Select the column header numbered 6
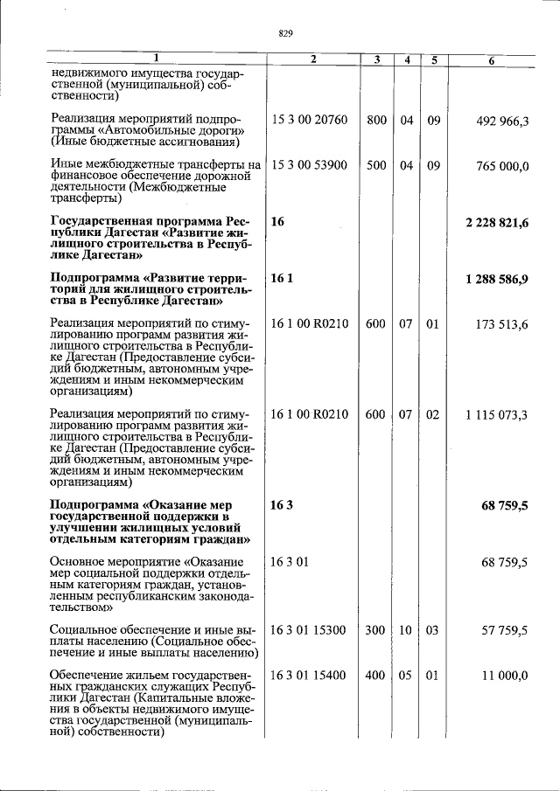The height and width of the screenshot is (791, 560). tap(491, 59)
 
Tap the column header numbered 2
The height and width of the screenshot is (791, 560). tap(312, 59)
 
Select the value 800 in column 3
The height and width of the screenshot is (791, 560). tap(376, 120)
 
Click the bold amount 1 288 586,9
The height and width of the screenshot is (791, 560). tap(496, 279)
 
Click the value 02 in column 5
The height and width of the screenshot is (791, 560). tap(433, 414)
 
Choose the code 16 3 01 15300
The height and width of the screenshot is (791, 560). tap(309, 629)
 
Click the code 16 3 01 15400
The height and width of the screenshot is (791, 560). tap(309, 675)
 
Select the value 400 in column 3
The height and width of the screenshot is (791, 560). tap(376, 675)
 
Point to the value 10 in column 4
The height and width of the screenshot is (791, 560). tap(406, 629)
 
